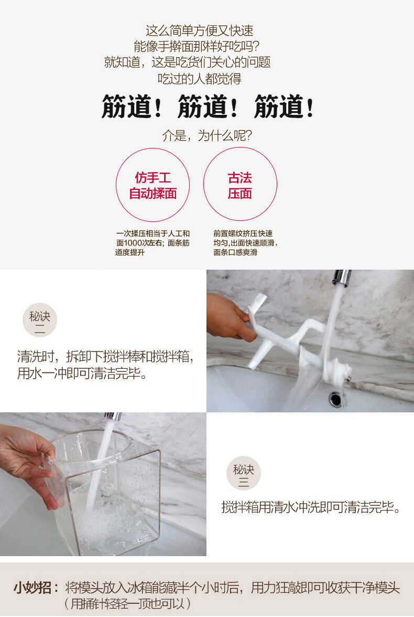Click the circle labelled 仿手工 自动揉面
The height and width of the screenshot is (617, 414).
152,185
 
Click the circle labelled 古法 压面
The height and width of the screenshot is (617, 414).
239,184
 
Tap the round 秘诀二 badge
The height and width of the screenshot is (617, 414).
39,320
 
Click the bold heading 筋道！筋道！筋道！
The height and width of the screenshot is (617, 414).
208,107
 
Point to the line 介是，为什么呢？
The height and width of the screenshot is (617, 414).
207,135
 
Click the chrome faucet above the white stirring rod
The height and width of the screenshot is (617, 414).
342,278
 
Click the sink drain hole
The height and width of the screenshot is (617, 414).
335,399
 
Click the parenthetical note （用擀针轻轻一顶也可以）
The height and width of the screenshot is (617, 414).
127,603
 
